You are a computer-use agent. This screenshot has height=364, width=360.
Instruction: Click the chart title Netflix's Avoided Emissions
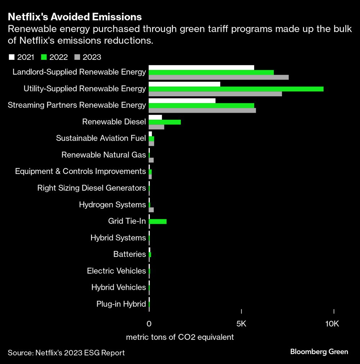[75, 17]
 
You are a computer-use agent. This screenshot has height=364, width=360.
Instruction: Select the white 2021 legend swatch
[11, 57]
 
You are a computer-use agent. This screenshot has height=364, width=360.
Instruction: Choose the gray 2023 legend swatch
[77, 57]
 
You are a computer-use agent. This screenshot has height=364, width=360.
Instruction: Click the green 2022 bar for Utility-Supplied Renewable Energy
[236, 89]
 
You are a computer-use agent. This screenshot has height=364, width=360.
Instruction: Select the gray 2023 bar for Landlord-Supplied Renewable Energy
[219, 77]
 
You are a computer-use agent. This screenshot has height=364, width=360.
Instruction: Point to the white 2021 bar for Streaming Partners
[182, 101]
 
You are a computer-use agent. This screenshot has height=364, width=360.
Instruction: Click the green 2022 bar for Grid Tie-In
[158, 221]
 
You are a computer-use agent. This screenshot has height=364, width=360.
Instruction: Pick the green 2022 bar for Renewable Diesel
[165, 122]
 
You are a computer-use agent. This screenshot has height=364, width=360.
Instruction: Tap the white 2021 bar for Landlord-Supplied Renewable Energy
[201, 67]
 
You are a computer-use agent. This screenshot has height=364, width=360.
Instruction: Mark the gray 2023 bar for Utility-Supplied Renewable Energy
[215, 94]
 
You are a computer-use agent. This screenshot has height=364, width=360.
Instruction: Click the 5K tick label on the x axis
[241, 324]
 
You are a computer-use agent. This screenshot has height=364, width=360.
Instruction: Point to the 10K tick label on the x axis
[332, 324]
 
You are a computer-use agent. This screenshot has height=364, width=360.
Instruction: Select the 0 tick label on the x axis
[149, 324]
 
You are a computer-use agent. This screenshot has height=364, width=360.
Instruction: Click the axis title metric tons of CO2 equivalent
[180, 337]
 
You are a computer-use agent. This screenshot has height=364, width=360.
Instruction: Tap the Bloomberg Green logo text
[319, 352]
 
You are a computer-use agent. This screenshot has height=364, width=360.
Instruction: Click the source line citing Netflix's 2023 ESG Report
[66, 353]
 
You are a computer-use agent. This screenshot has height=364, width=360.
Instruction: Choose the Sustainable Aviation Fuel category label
[101, 138]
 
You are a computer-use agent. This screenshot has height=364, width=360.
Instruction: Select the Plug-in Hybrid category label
[121, 304]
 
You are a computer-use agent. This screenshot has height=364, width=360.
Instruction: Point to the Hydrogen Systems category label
[112, 205]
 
